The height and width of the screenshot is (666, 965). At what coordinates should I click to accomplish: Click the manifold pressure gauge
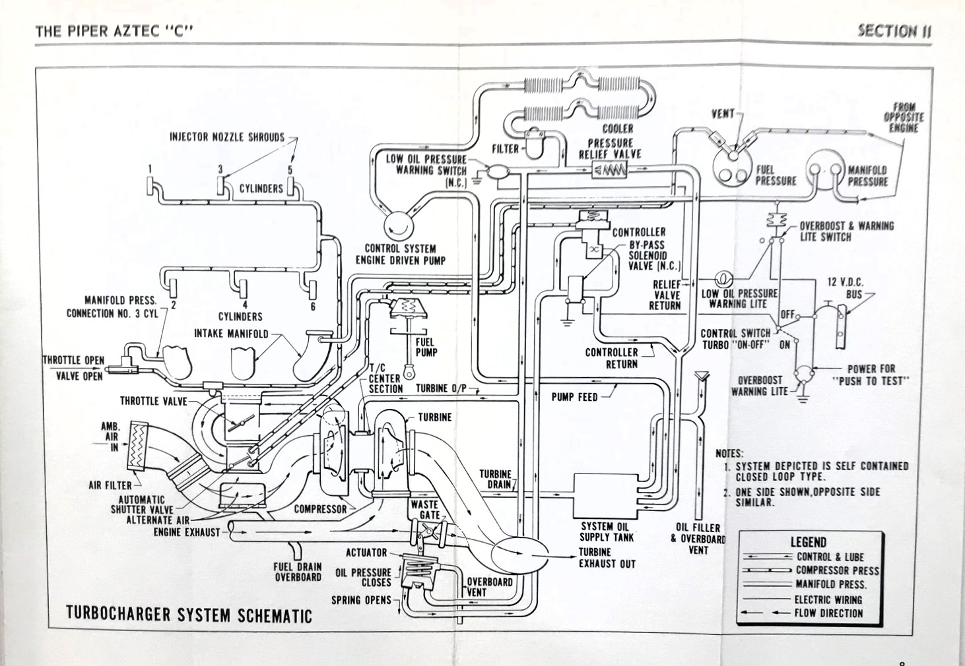pyautogui.click(x=824, y=169)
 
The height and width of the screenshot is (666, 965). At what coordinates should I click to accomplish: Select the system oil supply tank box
pyautogui.click(x=605, y=495)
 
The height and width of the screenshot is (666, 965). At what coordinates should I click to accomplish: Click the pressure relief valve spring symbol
pyautogui.click(x=610, y=171)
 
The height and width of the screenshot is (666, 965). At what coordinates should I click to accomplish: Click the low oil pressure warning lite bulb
pyautogui.click(x=721, y=278)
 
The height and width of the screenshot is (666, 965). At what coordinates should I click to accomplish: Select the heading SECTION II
pyautogui.click(x=894, y=31)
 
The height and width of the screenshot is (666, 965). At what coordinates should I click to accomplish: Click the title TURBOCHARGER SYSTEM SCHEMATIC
pyautogui.click(x=189, y=615)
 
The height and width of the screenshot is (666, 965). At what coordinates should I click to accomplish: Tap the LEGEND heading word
pyautogui.click(x=808, y=542)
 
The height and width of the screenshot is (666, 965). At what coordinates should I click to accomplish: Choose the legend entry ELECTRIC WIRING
pyautogui.click(x=828, y=599)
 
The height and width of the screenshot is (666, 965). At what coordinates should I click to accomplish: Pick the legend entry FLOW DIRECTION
pyautogui.click(x=828, y=613)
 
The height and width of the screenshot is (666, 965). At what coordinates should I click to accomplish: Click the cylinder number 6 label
pyautogui.click(x=313, y=306)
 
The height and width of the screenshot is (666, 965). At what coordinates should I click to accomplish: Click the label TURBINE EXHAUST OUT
pyautogui.click(x=607, y=558)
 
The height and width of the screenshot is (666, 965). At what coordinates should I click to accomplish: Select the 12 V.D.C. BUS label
pyautogui.click(x=846, y=288)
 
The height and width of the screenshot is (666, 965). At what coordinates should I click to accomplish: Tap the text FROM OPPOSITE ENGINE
pyautogui.click(x=904, y=117)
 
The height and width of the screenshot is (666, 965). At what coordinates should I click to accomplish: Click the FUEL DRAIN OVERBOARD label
pyautogui.click(x=298, y=572)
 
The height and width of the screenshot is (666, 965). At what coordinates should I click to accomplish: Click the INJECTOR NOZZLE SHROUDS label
pyautogui.click(x=227, y=137)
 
